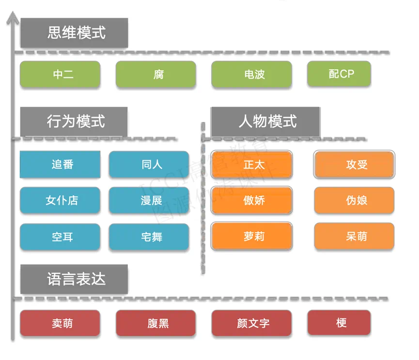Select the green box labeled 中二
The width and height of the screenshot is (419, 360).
click(x=60, y=75)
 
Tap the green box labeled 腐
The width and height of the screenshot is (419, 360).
click(x=155, y=75)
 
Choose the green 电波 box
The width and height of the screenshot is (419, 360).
click(x=251, y=75)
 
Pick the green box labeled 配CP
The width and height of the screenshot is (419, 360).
click(x=339, y=74)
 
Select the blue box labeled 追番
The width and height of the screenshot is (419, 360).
click(x=60, y=165)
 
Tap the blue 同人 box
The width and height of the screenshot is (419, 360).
click(x=149, y=165)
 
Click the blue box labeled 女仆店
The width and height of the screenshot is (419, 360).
click(x=60, y=200)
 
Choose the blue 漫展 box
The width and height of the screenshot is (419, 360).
click(x=149, y=200)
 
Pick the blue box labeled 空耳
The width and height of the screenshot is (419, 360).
click(x=60, y=237)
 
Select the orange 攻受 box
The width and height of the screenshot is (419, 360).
click(x=355, y=165)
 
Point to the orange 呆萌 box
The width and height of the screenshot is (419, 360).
click(x=355, y=237)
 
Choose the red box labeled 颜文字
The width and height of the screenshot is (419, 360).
click(x=251, y=323)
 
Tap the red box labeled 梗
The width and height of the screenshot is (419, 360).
click(x=339, y=323)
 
